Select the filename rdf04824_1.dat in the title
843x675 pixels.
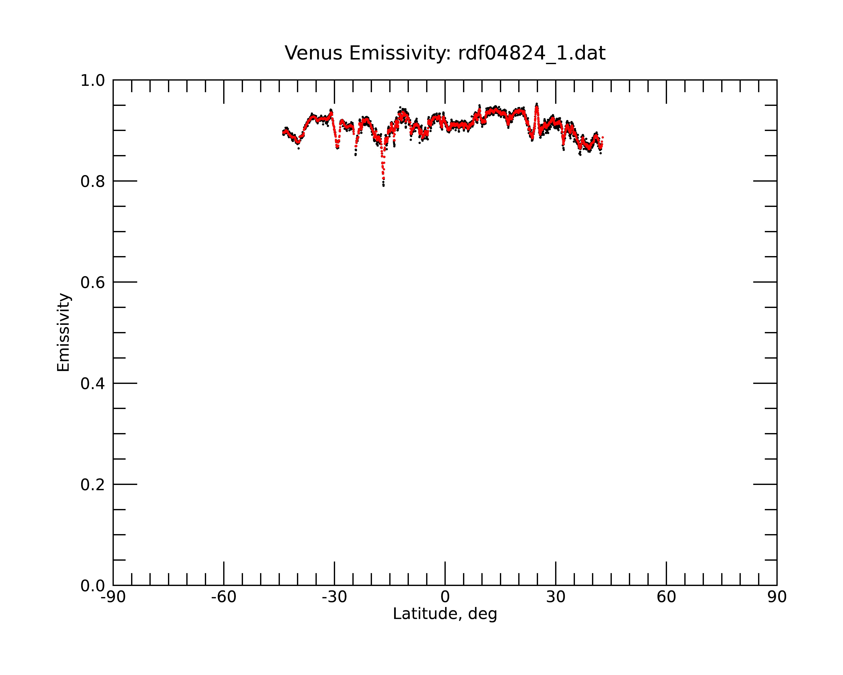532,54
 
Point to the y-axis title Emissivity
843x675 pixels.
63,333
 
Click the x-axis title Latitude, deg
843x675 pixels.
445,614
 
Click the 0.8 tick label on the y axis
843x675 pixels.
93,182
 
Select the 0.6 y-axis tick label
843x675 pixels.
93,282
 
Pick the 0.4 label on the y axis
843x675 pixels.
93,384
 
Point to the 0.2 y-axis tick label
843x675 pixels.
93,485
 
